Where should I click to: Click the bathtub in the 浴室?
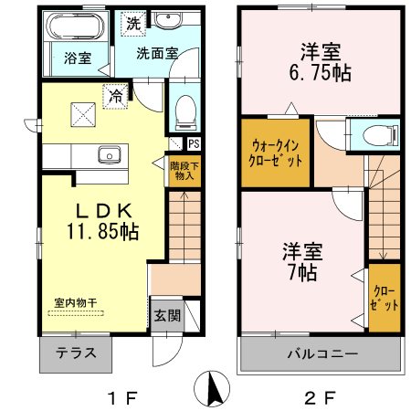coord(75,26)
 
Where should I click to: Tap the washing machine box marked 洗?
coord(133,24)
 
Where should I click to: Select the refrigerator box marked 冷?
coord(115,96)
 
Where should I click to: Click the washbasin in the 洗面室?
coord(167,19)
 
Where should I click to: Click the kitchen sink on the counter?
coord(110,154)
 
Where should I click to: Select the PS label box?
coord(194,143)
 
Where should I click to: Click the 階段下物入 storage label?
coord(184,171)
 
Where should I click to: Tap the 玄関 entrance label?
coord(167,316)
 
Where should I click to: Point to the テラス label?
coord(76,353)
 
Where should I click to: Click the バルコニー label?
coord(322,354)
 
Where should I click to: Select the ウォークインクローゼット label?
coord(275,153)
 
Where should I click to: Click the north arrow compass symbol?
coord(212,388)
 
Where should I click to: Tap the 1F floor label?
coord(123,397)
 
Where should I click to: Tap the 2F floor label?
coord(320,397)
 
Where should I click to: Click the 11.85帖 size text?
coord(103,231)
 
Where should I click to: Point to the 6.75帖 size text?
coord(321,73)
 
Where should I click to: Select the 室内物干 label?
coord(76,302)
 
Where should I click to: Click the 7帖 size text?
coord(302,272)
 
